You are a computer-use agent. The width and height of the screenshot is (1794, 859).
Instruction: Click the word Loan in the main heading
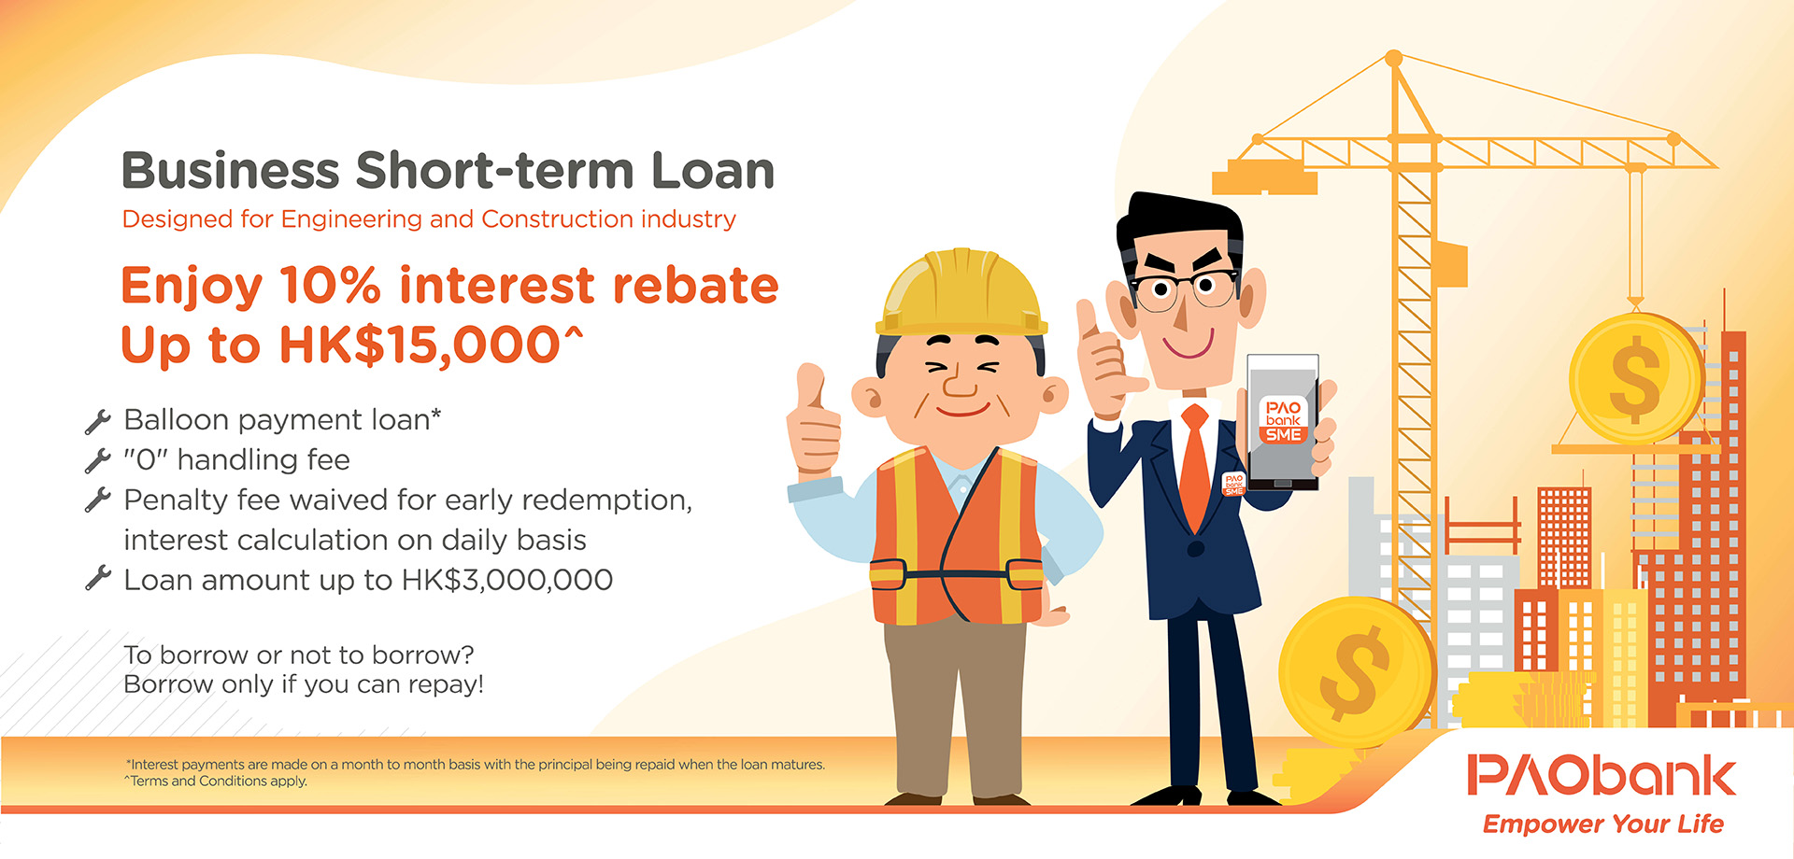tap(712, 171)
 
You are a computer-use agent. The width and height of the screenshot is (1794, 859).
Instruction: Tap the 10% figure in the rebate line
tap(330, 285)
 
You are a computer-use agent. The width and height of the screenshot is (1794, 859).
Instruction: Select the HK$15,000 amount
tap(420, 345)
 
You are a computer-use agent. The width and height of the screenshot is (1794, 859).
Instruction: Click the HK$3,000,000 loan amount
tap(507, 580)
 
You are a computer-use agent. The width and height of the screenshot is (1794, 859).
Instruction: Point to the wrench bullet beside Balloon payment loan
tap(97, 421)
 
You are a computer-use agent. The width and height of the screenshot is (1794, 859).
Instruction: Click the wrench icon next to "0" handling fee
tap(97, 460)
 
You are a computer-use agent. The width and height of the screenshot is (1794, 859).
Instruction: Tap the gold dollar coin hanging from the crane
tap(1635, 377)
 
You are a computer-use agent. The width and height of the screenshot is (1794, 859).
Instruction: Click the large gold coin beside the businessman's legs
tap(1355, 672)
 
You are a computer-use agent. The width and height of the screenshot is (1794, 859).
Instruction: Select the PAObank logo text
tap(1602, 776)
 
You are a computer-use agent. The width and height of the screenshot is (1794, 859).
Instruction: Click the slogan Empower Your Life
tap(1602, 824)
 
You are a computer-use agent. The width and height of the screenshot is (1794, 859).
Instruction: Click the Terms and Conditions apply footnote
tap(217, 782)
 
